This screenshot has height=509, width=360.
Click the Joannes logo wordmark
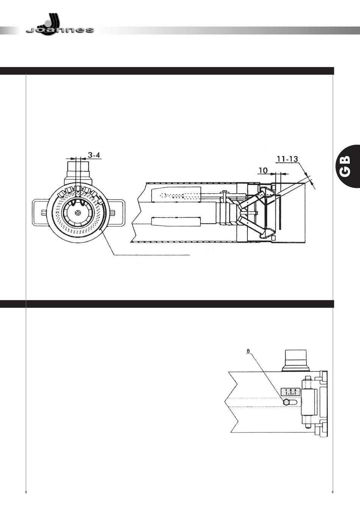pyautogui.click(x=60, y=30)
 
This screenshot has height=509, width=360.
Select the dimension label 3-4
pyautogui.click(x=94, y=155)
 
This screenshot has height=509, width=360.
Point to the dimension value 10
pyautogui.click(x=263, y=171)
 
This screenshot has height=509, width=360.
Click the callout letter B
pyautogui.click(x=248, y=351)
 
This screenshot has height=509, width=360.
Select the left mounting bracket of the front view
pyautogui.click(x=41, y=213)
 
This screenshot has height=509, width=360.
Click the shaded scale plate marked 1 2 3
pyautogui.click(x=291, y=392)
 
